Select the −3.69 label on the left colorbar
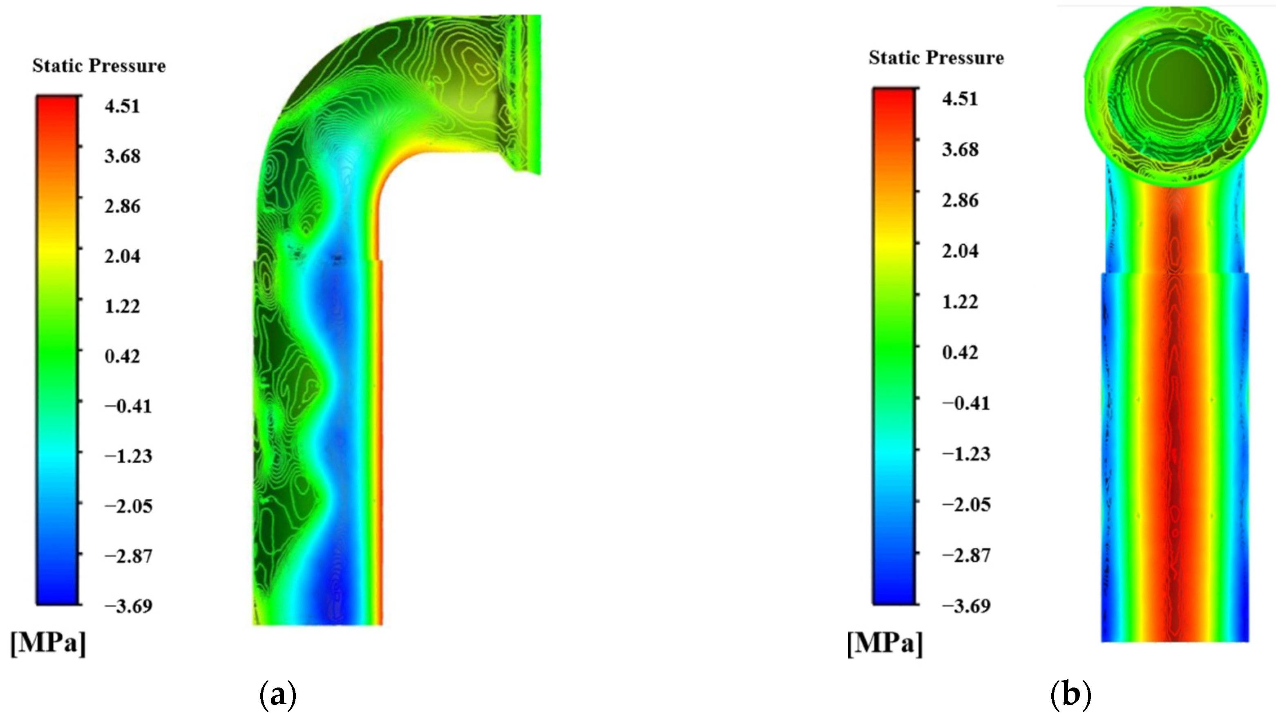coord(128,606)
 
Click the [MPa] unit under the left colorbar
coord(48,644)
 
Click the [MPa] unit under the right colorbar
coord(885,644)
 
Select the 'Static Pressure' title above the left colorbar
coord(99,66)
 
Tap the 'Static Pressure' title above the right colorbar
coord(936,58)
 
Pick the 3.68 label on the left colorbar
coord(122,156)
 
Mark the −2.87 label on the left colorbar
coord(128,556)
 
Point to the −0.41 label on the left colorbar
coord(128,406)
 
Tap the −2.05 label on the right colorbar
coord(966,504)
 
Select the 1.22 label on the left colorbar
coord(122,306)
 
